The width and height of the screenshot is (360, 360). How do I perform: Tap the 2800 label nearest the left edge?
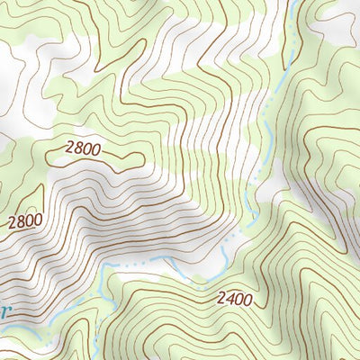(25, 220)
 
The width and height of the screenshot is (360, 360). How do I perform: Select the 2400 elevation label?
(234, 298)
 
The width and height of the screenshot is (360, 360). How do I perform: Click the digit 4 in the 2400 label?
(229, 298)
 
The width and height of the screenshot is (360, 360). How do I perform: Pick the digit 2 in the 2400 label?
(220, 299)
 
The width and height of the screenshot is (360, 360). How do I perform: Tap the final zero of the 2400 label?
(247, 297)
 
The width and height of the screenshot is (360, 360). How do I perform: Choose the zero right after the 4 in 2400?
(238, 298)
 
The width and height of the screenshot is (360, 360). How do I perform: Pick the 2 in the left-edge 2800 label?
(12, 223)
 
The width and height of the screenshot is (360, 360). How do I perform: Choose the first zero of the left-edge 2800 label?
(30, 220)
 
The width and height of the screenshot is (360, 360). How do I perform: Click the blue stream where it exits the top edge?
(294, 2)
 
